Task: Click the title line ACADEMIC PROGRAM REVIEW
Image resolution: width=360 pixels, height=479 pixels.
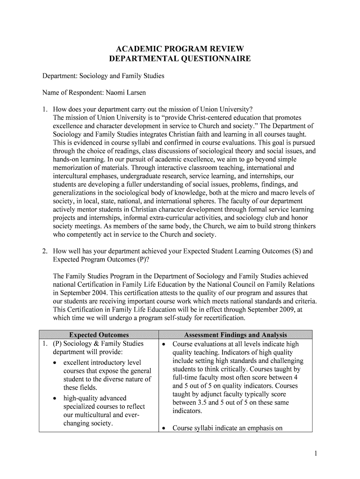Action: coord(180,49)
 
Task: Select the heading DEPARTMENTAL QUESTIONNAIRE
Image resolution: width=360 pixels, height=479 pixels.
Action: coord(180,59)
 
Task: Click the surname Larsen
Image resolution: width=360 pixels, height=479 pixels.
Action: coord(136,93)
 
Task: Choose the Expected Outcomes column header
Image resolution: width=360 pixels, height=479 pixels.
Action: coord(99,335)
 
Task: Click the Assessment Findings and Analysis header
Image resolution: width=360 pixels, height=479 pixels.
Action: coord(236,335)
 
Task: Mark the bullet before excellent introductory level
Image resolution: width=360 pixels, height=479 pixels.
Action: coord(56,363)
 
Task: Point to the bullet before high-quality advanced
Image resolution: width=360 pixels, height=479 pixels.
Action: coord(56,399)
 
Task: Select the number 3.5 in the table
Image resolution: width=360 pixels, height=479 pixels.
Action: coord(201,403)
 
